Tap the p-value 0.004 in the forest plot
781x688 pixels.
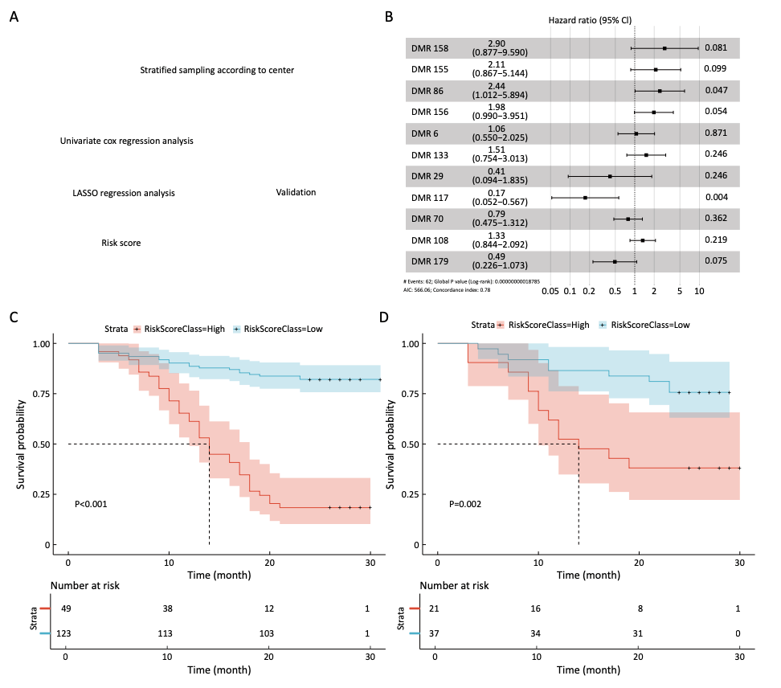716,197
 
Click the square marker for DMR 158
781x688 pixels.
664,48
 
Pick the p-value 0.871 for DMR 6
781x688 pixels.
716,133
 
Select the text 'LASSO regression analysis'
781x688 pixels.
123,193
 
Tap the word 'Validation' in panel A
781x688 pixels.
296,192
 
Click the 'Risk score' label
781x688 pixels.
121,243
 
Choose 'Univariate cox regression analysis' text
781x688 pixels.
126,141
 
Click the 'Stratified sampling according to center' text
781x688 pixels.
217,70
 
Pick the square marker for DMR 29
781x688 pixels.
610,176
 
